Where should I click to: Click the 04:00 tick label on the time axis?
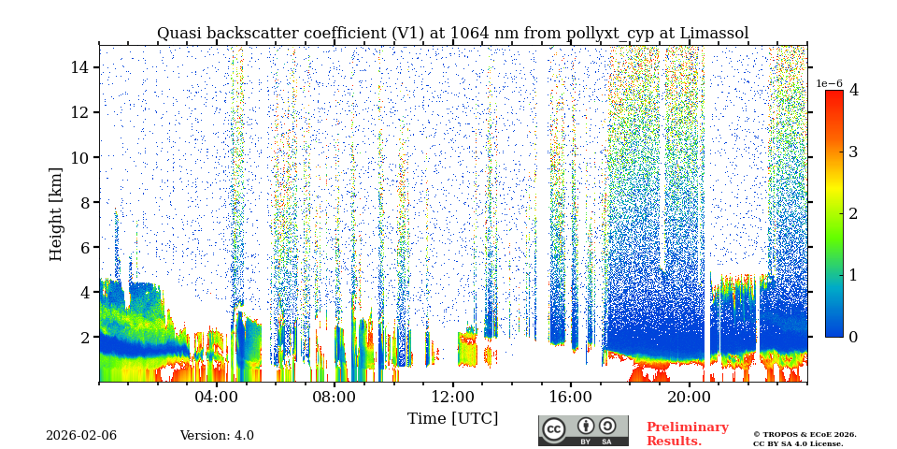coord(217,396)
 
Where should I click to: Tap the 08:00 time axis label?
coord(335,396)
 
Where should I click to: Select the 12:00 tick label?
coord(452,396)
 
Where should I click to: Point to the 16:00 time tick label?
coord(571,396)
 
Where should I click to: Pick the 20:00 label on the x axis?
coord(689,396)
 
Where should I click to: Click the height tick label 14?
coord(78,67)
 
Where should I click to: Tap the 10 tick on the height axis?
coord(78,157)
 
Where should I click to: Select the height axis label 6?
coord(83,247)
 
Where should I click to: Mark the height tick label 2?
coord(83,337)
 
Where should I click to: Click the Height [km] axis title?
coord(56,213)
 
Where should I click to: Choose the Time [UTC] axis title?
coord(452,418)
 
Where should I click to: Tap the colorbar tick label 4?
coord(853,91)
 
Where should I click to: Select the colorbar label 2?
coord(853,213)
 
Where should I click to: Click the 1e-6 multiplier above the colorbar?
coord(830,83)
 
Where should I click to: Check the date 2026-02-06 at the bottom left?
coord(81,436)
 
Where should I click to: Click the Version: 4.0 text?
coord(217,436)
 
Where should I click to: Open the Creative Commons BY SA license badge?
coord(583,430)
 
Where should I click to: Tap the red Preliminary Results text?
coord(687,434)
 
